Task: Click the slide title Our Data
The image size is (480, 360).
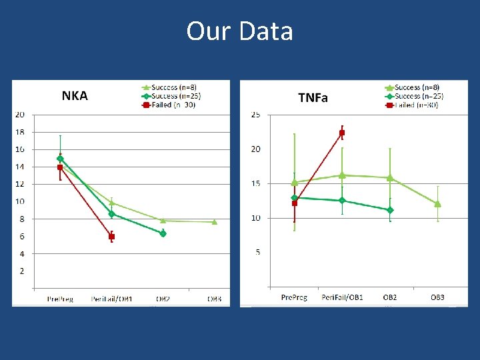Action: coord(239,31)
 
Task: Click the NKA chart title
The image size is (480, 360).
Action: coord(75,95)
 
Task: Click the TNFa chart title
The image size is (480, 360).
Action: coord(313,98)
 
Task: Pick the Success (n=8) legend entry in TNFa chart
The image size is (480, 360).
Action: coord(414,87)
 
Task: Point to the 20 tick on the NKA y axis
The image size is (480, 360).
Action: coord(20,115)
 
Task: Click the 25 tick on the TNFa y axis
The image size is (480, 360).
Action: coord(255,115)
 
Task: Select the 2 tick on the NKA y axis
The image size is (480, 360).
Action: coord(22,271)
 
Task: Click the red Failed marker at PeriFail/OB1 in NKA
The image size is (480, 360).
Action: coord(111,237)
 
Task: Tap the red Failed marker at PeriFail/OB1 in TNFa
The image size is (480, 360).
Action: coord(342,133)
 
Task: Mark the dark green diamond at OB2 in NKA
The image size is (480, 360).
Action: coord(163,233)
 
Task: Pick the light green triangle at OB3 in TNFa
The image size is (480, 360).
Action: coord(437,204)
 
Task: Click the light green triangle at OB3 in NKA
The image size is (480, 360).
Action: coord(214,222)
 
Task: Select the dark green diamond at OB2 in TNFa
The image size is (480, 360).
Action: coord(390,210)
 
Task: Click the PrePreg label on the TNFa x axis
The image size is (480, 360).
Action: coord(294,297)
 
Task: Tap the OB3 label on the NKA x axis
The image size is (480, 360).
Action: coord(214,299)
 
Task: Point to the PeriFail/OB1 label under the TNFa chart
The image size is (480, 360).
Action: coord(342,297)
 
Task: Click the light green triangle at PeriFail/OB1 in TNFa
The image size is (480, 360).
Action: coord(342,175)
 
